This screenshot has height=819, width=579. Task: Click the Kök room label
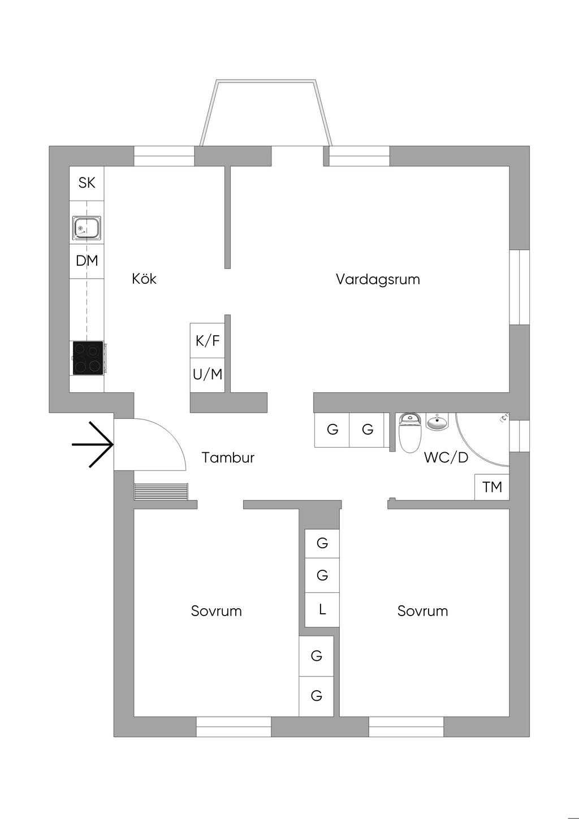click(x=144, y=279)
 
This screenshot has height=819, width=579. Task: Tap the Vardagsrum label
click(x=378, y=280)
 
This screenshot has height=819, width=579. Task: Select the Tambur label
click(x=228, y=458)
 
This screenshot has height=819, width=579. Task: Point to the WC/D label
click(x=446, y=457)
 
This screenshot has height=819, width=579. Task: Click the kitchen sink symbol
click(x=87, y=227)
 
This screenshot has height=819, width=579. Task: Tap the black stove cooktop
click(x=88, y=358)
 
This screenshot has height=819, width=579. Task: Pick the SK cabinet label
click(x=87, y=183)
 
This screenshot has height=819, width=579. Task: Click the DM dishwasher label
click(x=87, y=261)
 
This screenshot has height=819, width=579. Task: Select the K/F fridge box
click(x=208, y=340)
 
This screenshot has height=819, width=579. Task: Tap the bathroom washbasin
click(x=437, y=422)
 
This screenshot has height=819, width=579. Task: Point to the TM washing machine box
click(x=492, y=487)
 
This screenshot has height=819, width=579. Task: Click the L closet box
click(x=322, y=609)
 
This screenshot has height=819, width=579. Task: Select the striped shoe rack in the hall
click(x=161, y=491)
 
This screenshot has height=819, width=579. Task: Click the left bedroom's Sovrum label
click(x=216, y=611)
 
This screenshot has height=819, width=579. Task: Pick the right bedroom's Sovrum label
click(x=423, y=611)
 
